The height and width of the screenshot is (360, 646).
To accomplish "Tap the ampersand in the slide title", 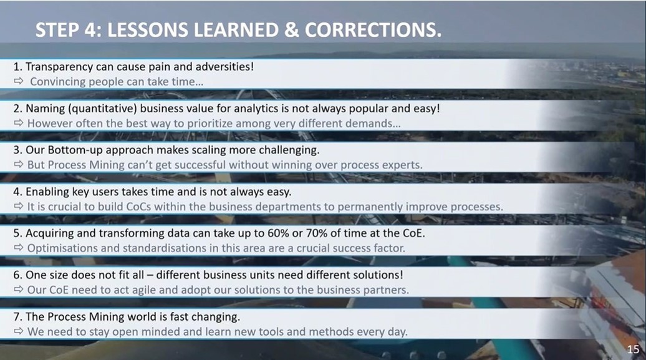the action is (x=292, y=30).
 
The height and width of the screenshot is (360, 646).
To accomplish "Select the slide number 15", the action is (x=634, y=349).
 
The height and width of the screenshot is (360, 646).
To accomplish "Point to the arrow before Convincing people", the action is (x=19, y=81).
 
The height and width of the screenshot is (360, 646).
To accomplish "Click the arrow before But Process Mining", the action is (x=19, y=165).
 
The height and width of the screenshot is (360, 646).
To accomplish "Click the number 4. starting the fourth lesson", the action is (x=17, y=192).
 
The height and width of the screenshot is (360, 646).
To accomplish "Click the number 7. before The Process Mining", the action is (x=17, y=317).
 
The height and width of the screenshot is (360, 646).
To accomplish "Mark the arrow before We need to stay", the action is (x=19, y=331).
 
